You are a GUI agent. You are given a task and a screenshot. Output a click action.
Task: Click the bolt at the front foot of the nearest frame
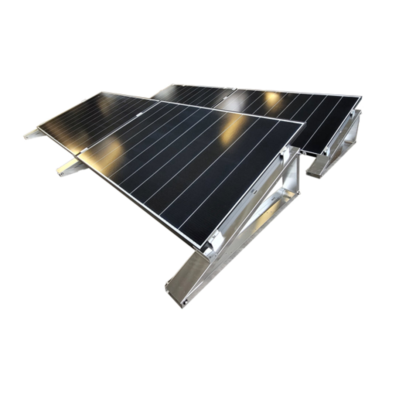pos(185,302)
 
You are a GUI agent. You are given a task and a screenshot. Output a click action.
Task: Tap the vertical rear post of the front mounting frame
pos(293,174)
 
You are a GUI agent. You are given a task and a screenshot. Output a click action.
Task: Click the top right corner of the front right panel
pos(304,123)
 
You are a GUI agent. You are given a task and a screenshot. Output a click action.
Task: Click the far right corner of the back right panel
pos(360,97)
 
